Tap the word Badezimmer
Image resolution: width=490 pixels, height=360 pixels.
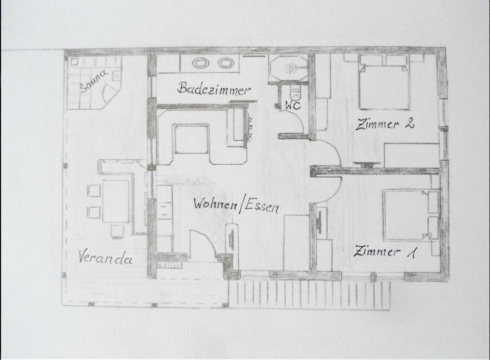pyautogui.click(x=214, y=88)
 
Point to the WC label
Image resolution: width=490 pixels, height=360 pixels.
pyautogui.click(x=293, y=105)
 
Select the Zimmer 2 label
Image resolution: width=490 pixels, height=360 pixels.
pyautogui.click(x=385, y=124)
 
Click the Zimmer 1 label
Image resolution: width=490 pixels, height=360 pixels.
pyautogui.click(x=385, y=251)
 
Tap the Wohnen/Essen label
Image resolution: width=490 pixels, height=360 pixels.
pyautogui.click(x=236, y=205)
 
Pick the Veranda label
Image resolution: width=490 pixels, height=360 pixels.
pyautogui.click(x=105, y=258)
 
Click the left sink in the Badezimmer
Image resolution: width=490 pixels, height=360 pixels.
pyautogui.click(x=201, y=63)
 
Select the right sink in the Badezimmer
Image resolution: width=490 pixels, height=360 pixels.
pyautogui.click(x=226, y=63)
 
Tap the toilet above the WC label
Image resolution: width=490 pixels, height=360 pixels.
pyautogui.click(x=295, y=93)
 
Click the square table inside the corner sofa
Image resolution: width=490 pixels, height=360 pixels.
pyautogui.click(x=192, y=139)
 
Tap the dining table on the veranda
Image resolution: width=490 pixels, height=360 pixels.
pyautogui.click(x=116, y=202)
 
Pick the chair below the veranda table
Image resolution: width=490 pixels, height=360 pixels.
pyautogui.click(x=117, y=231)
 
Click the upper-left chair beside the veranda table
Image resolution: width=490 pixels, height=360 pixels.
pyautogui.click(x=94, y=191)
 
